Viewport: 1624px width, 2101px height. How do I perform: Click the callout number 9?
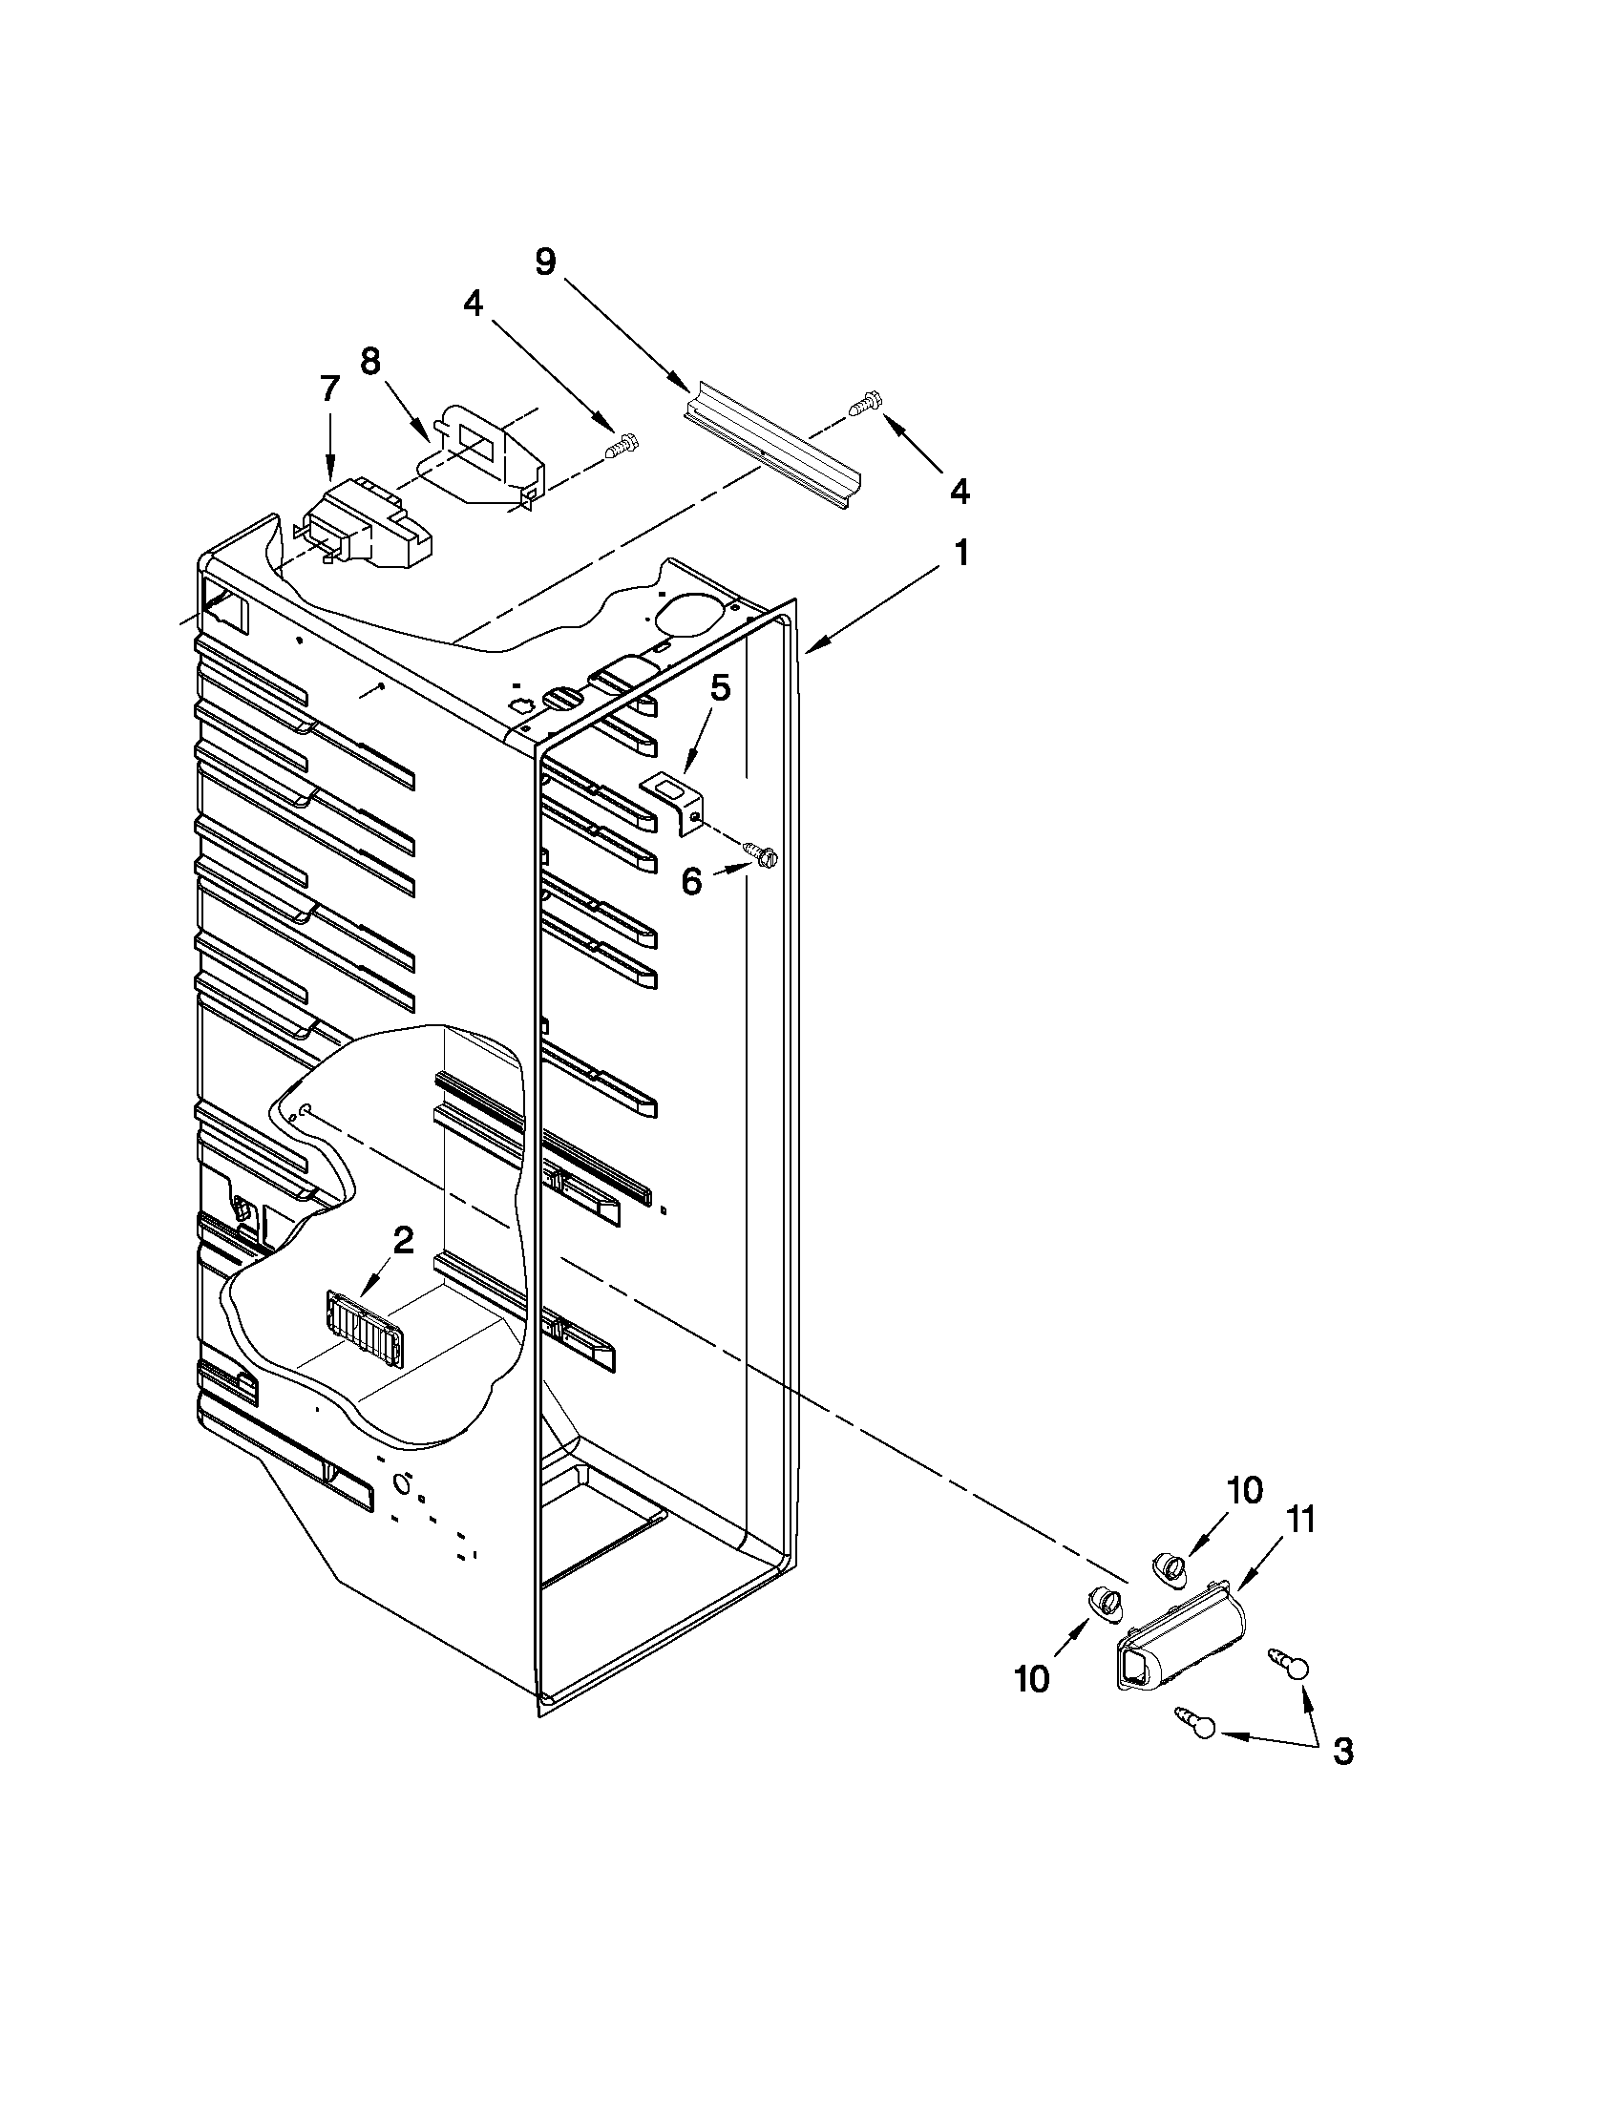coord(545,262)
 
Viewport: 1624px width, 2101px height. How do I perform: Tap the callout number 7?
coord(329,389)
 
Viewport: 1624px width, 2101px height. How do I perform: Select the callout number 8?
coord(370,362)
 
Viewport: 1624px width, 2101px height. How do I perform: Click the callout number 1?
coord(960,554)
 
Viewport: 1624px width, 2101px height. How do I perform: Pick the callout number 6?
coord(692,881)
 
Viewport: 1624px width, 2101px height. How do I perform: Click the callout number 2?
coord(403,1240)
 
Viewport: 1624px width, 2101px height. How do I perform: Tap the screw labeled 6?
coord(761,853)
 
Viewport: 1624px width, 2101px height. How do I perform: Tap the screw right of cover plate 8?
coord(622,446)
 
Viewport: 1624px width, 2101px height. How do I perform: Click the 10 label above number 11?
coord(1244,1490)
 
